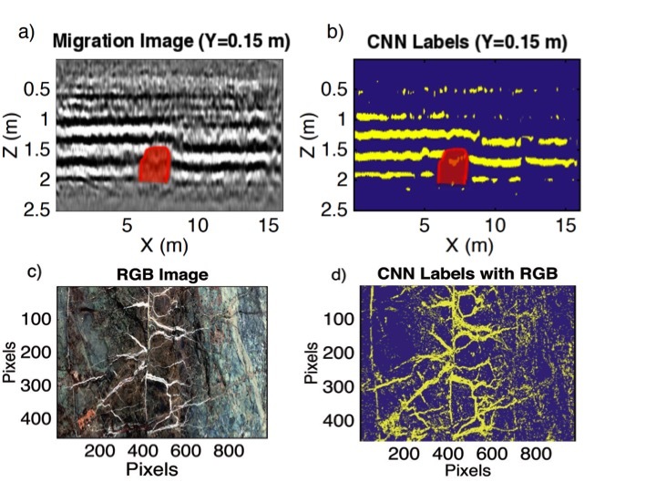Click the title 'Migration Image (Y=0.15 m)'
tap(167, 41)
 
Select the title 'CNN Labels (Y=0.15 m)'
tap(466, 41)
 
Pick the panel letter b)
tap(334, 34)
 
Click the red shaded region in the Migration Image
tap(155, 164)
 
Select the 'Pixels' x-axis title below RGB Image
tap(150, 469)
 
